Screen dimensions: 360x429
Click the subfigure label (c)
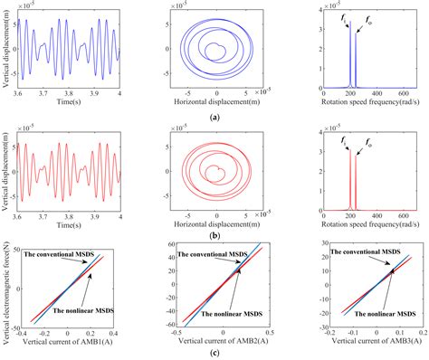pyautogui.click(x=214, y=351)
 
